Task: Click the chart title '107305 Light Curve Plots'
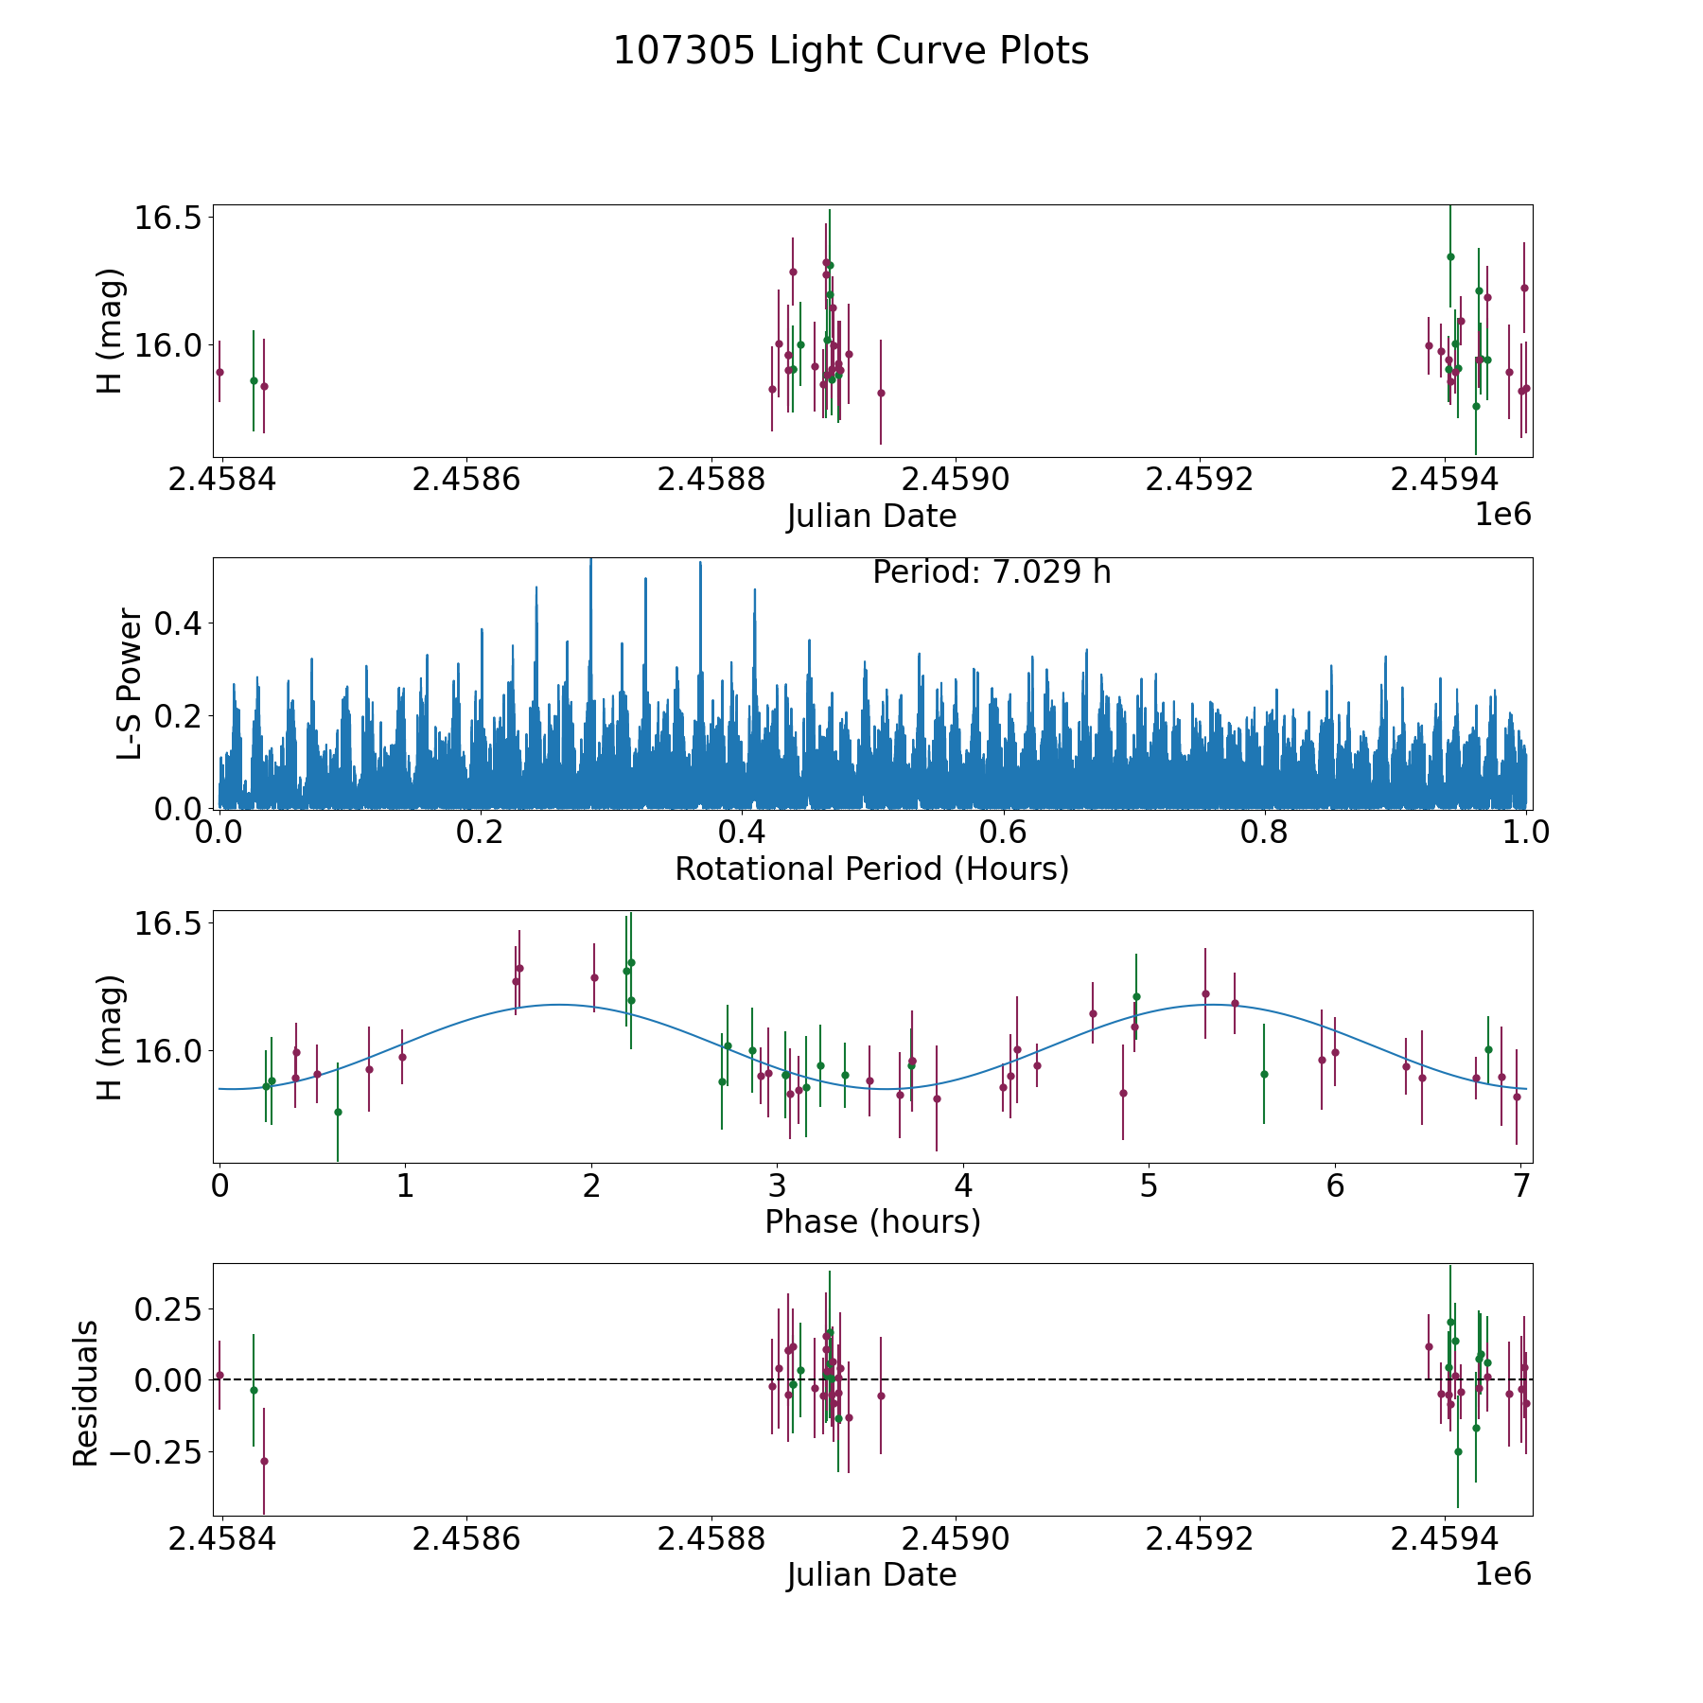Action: [851, 51]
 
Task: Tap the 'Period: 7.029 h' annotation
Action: [991, 572]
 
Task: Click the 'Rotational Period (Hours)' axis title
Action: [871, 869]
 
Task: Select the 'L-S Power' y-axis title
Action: [130, 684]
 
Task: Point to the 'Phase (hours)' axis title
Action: [871, 1221]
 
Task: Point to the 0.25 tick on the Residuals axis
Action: [167, 1309]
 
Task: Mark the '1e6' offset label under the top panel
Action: [1502, 515]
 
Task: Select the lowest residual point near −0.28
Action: [264, 1461]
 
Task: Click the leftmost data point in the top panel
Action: [219, 372]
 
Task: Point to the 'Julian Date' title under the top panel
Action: [871, 516]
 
